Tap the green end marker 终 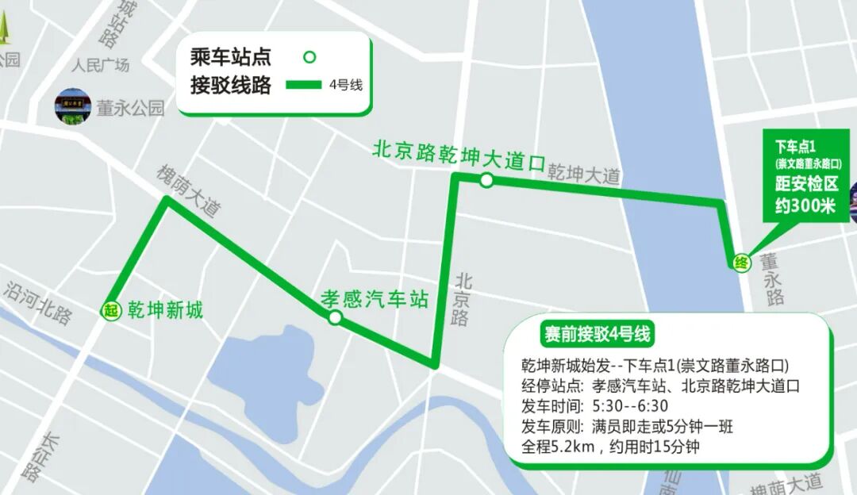tap(741, 263)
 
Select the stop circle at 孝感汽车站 tap(335, 318)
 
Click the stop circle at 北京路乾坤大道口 tap(486, 181)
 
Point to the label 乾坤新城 tap(165, 310)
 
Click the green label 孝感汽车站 tap(374, 299)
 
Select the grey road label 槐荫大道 tap(188, 191)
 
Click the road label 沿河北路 tap(37, 301)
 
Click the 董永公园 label tap(130, 108)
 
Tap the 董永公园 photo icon tap(73, 106)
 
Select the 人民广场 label tap(100, 65)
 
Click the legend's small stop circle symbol tap(310, 56)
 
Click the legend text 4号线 tap(345, 85)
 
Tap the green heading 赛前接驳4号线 tap(596, 335)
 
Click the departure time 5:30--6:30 tap(631, 406)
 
